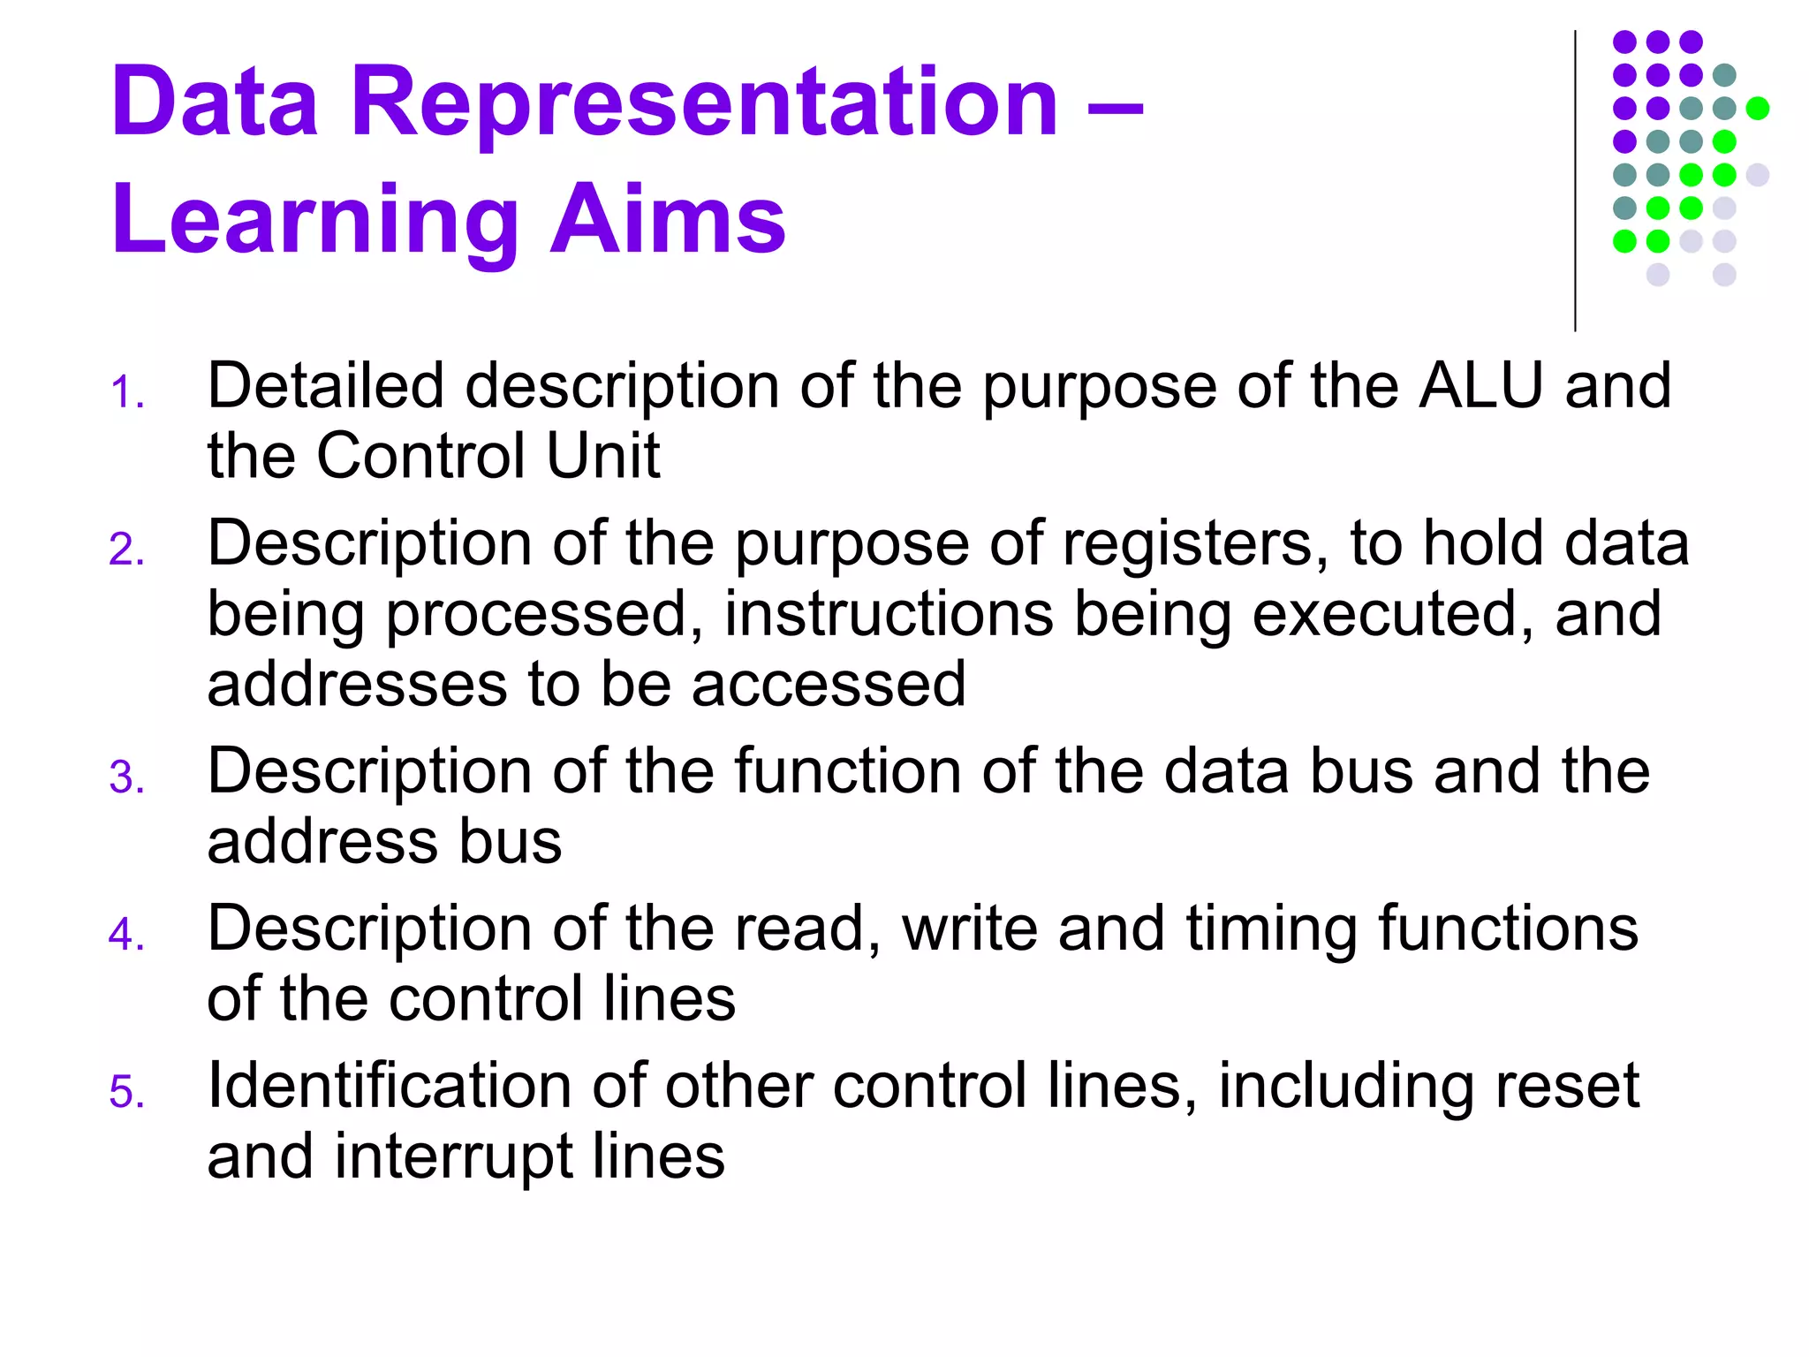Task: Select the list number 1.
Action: (126, 392)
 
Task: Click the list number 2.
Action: (126, 550)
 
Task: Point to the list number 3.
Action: (126, 777)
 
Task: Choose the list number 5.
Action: (126, 1092)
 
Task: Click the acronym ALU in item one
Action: (1481, 386)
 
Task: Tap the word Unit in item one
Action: (602, 456)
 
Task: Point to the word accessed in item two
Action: (829, 684)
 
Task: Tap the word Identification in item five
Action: (389, 1086)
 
